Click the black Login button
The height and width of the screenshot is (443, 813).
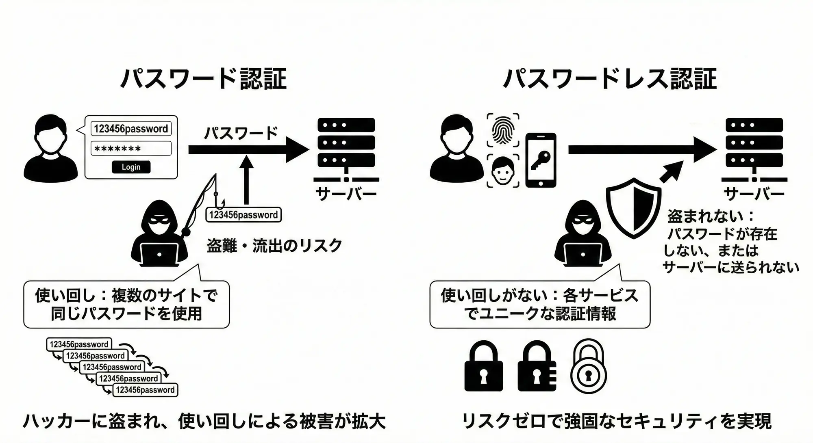click(x=131, y=167)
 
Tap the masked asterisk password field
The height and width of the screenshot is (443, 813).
click(x=131, y=149)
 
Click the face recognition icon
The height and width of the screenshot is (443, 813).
click(x=503, y=171)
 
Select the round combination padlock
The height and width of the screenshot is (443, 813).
click(x=588, y=367)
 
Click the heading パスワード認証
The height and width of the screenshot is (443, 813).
click(x=204, y=79)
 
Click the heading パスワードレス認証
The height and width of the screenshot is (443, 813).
click(x=610, y=79)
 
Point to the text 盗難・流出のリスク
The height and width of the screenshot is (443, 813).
click(x=274, y=246)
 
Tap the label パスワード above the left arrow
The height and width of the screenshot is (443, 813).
click(x=241, y=133)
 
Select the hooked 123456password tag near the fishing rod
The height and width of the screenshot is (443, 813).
click(x=243, y=215)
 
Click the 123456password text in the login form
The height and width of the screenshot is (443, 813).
click(x=131, y=129)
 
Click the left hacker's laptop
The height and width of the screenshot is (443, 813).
click(x=159, y=254)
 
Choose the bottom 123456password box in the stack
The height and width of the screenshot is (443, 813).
click(x=145, y=390)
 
